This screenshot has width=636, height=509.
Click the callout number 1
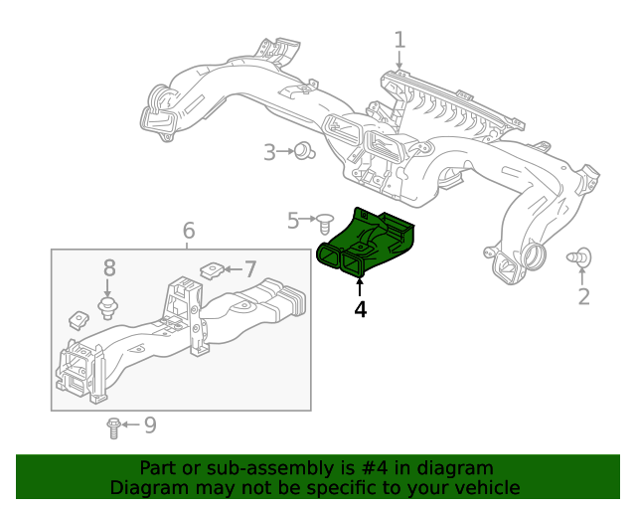point(399,41)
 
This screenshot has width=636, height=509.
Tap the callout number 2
point(584,295)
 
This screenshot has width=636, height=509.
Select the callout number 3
point(269,152)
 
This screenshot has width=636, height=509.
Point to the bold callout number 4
point(360,309)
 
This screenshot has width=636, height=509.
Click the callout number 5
point(293,220)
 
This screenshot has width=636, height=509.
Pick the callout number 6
point(189,231)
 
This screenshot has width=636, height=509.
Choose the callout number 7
point(250,268)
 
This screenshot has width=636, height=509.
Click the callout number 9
point(150,425)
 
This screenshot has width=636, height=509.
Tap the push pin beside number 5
point(322,219)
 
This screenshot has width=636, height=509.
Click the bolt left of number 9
point(113,427)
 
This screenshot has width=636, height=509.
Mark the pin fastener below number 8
point(105,302)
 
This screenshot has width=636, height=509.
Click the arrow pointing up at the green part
point(360,287)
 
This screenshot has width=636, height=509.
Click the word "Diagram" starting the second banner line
point(147,488)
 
